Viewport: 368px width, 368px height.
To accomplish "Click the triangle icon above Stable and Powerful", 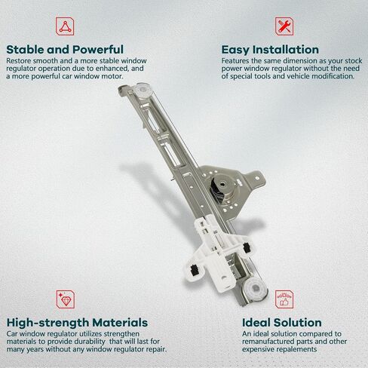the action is click(x=65, y=26).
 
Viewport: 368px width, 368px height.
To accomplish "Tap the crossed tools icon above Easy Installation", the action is click(x=284, y=26).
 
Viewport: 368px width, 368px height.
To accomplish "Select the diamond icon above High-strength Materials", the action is click(x=66, y=299).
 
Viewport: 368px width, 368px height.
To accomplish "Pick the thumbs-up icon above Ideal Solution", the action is click(x=284, y=299).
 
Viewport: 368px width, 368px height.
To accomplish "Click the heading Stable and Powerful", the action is click(x=65, y=50).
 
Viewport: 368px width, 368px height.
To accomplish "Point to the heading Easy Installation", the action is click(x=270, y=50).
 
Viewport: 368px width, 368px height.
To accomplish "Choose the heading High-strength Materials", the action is click(x=77, y=323).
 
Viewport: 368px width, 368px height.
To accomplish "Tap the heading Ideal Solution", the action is click(x=282, y=323).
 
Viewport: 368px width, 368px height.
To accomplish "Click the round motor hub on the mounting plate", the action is click(x=222, y=185).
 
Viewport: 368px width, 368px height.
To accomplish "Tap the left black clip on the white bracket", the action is click(x=194, y=270).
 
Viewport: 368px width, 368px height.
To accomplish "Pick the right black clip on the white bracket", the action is click(x=247, y=247).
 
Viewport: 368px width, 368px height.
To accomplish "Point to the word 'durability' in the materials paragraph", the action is click(x=89, y=342).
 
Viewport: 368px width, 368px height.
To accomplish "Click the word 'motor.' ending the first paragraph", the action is click(x=112, y=76).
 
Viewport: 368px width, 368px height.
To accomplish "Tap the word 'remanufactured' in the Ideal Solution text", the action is click(x=268, y=342).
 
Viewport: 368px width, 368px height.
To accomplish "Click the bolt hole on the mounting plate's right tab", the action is click(x=257, y=178).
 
